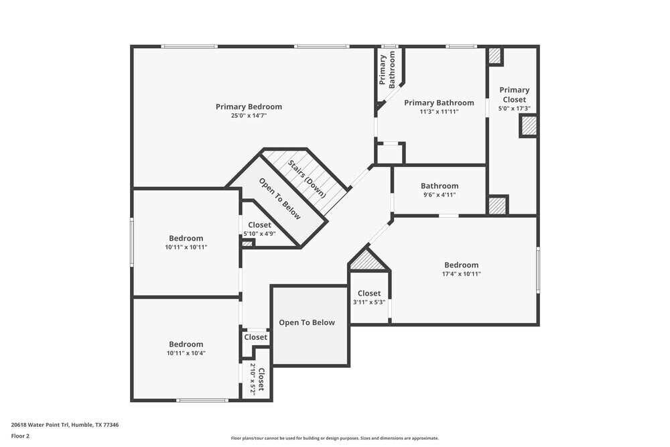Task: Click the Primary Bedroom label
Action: (x=249, y=107)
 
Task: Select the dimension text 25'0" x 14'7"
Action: (x=249, y=116)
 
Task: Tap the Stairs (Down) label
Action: (x=308, y=178)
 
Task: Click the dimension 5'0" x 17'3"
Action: (x=514, y=109)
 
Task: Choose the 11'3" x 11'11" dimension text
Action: (x=439, y=112)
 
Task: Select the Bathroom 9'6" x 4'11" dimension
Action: (x=440, y=195)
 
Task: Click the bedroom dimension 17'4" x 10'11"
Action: (x=461, y=273)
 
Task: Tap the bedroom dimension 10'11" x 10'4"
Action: (x=186, y=353)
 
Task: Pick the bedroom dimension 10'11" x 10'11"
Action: (x=186, y=247)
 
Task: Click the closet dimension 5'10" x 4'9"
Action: (x=259, y=234)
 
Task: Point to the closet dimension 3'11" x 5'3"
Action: (x=369, y=302)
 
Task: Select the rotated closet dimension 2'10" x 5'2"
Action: (x=253, y=379)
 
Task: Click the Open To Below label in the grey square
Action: (x=307, y=323)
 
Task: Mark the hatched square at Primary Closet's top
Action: (x=494, y=56)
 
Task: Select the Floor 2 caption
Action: (x=20, y=436)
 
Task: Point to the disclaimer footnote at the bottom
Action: (x=335, y=438)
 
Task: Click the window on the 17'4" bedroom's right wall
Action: (x=537, y=269)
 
